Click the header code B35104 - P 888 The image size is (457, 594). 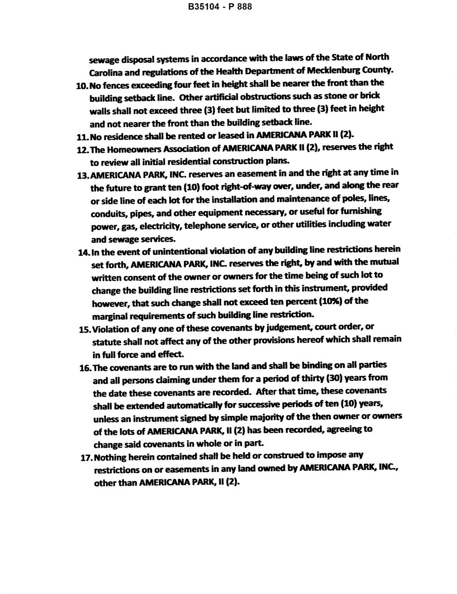click(x=220, y=7)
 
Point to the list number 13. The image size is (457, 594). click(x=83, y=175)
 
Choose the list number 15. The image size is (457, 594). click(x=85, y=330)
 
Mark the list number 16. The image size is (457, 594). click(x=85, y=368)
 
